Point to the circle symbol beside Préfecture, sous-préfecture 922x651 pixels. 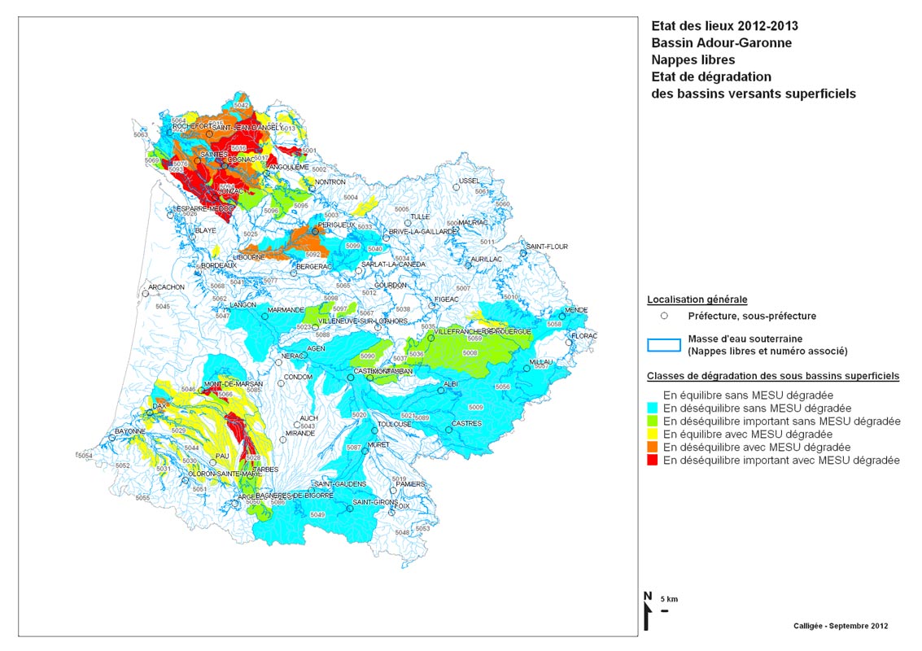(x=664, y=316)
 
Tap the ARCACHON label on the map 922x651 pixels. (x=167, y=287)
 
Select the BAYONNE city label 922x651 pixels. (x=129, y=431)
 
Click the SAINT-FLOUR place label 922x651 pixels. (x=546, y=247)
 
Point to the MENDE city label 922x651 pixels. (x=576, y=311)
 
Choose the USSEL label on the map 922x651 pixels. (x=470, y=181)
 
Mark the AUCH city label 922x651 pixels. (x=308, y=418)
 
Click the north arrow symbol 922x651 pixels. (x=647, y=610)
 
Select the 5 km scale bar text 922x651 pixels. (x=668, y=600)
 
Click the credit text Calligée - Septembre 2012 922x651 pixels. (x=841, y=626)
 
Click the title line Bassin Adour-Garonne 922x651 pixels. (x=721, y=43)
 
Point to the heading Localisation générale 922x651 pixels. (x=697, y=299)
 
